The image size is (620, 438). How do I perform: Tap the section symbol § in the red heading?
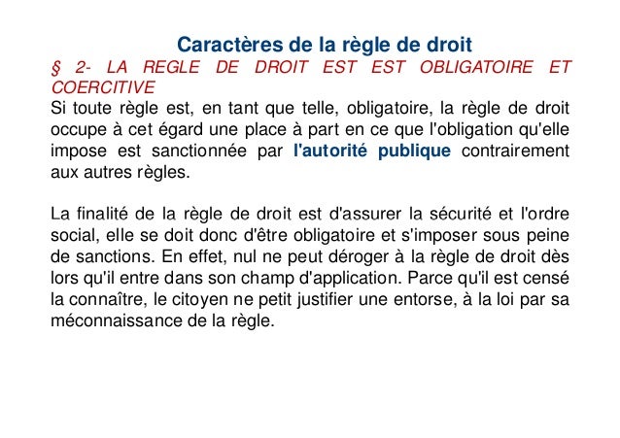(x=54, y=67)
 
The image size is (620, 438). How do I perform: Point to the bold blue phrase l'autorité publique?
(x=371, y=152)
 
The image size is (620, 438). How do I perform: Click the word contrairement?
(x=516, y=152)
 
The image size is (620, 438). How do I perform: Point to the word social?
(x=70, y=234)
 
